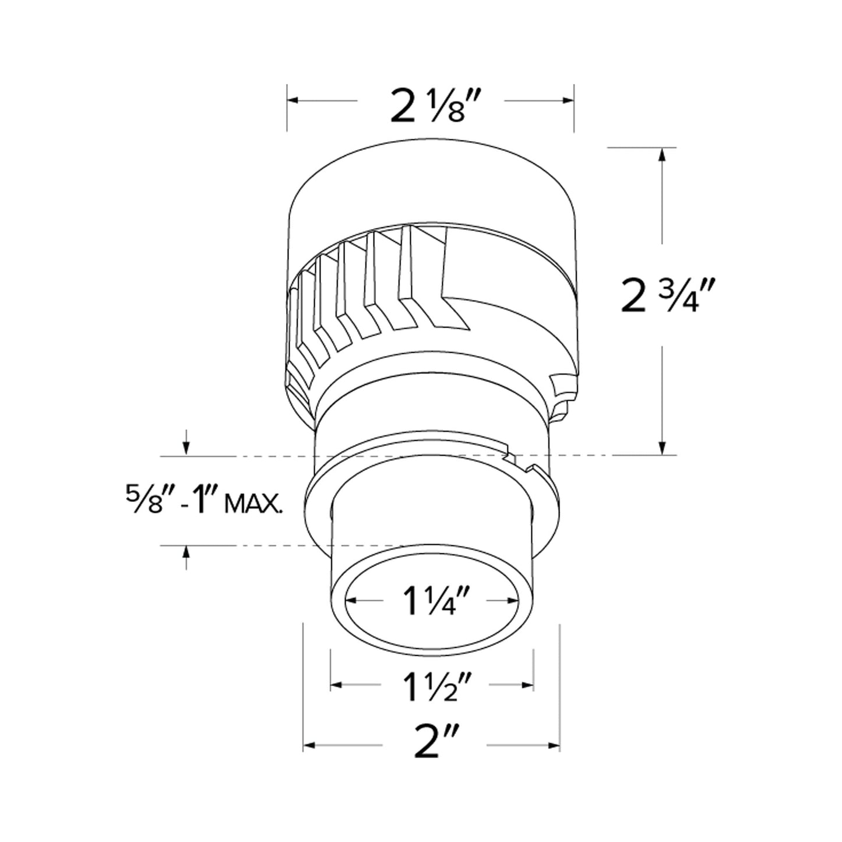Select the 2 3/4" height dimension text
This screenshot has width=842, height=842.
coord(668,295)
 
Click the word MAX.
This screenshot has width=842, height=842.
coord(253,503)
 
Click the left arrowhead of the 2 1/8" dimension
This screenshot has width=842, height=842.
coord(293,101)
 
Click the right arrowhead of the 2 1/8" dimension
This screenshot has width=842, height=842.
coord(569,101)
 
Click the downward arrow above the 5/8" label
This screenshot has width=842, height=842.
coord(185,447)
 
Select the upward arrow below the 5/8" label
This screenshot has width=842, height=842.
coord(185,552)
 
